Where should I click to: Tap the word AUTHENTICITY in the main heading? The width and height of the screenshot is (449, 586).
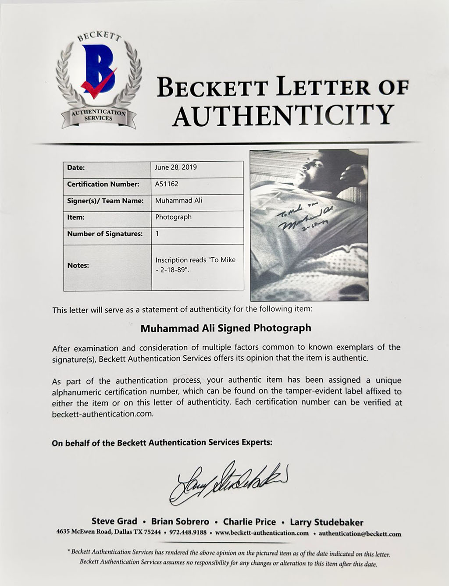coord(283,114)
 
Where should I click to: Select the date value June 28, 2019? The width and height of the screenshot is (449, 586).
coord(176,167)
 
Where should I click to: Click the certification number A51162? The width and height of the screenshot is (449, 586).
coord(167,184)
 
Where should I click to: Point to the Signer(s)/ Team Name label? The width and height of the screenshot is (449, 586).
coord(105,201)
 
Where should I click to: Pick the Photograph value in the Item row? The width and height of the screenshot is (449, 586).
coord(173,217)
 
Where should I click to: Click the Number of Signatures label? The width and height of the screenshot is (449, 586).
coord(105,234)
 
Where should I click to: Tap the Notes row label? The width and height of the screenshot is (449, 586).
coord(78,265)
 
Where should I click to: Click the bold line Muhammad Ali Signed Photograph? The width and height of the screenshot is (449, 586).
coord(226,328)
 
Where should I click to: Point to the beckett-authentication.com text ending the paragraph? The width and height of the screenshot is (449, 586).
coord(103,414)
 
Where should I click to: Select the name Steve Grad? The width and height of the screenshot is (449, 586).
coord(114,522)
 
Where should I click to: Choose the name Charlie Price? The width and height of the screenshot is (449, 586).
coord(249,522)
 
